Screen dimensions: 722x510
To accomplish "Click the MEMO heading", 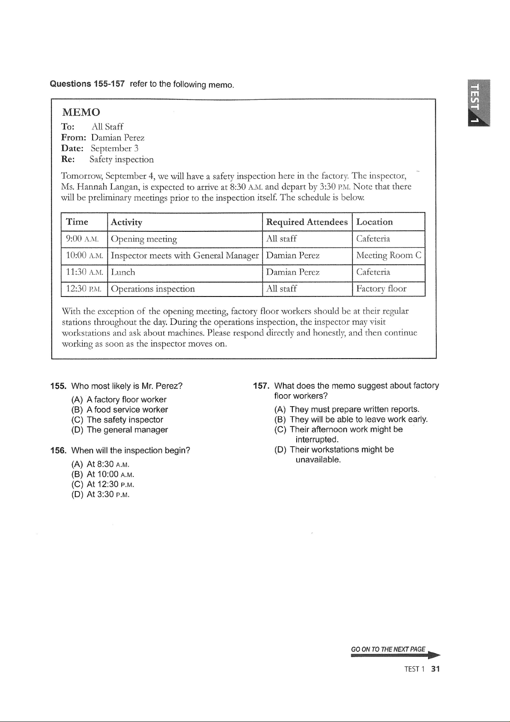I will point(81,112).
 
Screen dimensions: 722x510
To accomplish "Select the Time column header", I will point(77,222).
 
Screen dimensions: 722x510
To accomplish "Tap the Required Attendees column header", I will point(307,222).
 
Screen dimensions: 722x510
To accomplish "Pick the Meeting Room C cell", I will point(389,256).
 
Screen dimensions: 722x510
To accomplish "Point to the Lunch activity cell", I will point(123,272).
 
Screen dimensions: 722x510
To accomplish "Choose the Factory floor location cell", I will point(381,289).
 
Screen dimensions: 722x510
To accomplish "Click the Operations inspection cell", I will point(153,289).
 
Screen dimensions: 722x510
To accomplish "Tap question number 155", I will point(58,386).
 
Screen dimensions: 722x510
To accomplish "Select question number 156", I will point(58,451).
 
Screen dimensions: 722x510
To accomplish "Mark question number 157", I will point(261,386).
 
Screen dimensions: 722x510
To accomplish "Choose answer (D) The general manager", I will point(119,430).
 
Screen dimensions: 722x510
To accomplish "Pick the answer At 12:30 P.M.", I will point(103,485).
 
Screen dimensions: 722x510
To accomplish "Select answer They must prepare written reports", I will point(347,409).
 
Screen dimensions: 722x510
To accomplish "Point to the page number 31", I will point(436,669).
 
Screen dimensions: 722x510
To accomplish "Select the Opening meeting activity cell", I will point(144,239).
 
